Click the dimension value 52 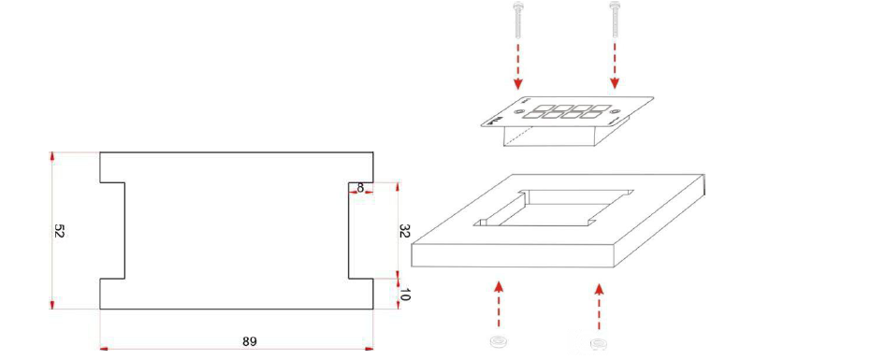[60, 231]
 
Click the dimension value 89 [250, 341]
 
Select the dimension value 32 [404, 231]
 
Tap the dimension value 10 [404, 295]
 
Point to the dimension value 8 [360, 188]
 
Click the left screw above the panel [517, 20]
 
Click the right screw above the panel [614, 20]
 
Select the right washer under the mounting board [598, 343]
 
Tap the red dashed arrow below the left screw [517, 65]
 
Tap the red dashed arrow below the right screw [614, 65]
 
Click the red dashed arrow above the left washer [499, 303]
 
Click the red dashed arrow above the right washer [598, 306]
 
